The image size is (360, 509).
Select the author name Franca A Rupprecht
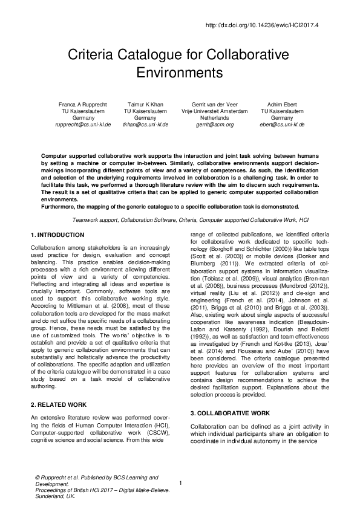click(x=83, y=105)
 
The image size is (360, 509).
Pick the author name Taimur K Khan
click(x=146, y=105)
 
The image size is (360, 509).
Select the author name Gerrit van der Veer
click(x=214, y=105)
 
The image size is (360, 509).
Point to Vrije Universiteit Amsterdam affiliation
click(x=214, y=111)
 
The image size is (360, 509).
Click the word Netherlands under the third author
click(x=214, y=118)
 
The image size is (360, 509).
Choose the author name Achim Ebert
click(x=282, y=105)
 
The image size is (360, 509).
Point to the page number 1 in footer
click(x=180, y=482)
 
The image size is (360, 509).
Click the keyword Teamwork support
click(x=94, y=221)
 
